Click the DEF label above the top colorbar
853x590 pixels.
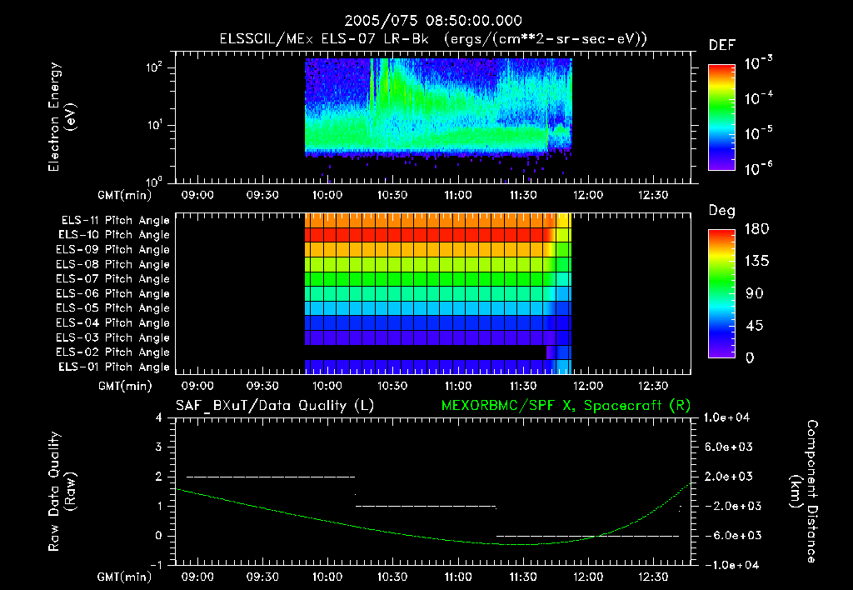721,45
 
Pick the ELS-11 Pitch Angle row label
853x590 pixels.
112,221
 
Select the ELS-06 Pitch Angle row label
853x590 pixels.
112,293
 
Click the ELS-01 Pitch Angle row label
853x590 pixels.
112,367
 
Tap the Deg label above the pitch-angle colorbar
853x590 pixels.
721,211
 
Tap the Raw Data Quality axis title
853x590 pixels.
62,491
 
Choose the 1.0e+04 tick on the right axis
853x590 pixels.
730,417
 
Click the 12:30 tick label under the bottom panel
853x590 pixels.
653,577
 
